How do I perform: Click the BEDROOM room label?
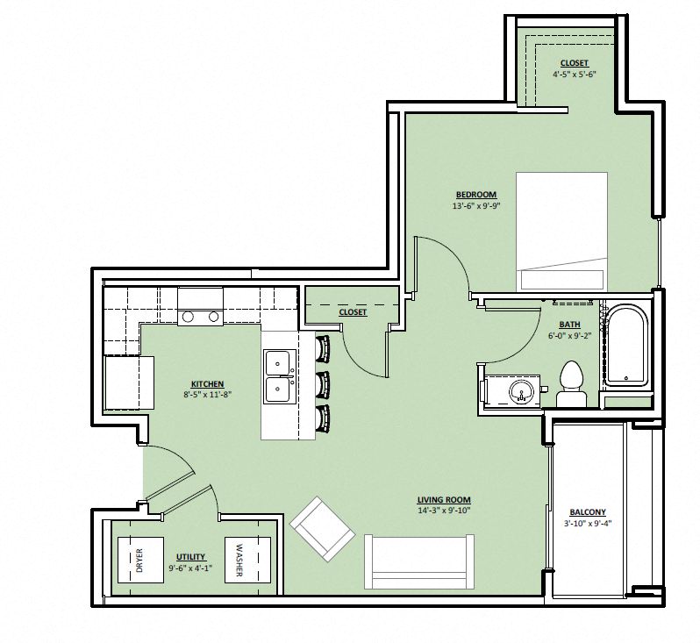(475, 195)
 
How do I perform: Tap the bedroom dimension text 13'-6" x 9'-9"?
(475, 207)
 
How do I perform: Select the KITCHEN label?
(208, 384)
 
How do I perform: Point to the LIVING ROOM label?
(445, 500)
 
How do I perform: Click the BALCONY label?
(587, 512)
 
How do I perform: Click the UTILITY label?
(190, 556)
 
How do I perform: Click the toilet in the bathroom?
(571, 383)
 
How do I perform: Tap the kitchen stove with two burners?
(200, 318)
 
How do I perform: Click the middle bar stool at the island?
(323, 384)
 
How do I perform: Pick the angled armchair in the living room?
(322, 529)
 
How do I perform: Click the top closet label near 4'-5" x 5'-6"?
(575, 63)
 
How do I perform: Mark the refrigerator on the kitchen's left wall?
(128, 383)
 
